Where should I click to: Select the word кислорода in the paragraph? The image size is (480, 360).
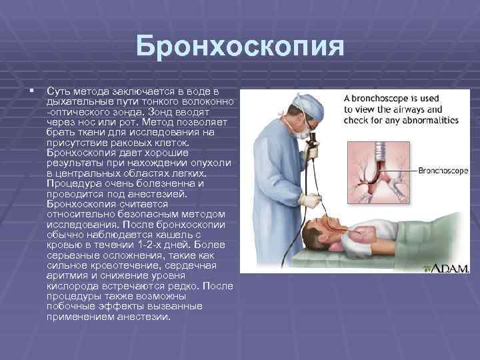pos(70,290)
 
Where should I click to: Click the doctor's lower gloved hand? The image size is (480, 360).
pos(308,201)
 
